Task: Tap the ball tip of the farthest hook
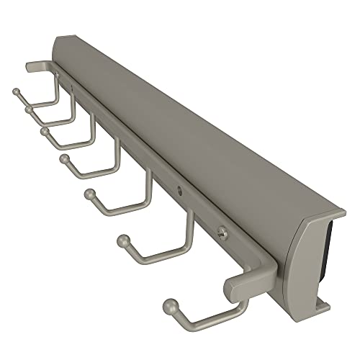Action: click(x=14, y=91)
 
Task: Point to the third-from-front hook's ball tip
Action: click(x=90, y=192)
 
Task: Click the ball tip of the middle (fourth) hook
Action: click(x=64, y=157)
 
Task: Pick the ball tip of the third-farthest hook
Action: click(x=45, y=132)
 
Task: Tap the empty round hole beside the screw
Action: click(x=179, y=191)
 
